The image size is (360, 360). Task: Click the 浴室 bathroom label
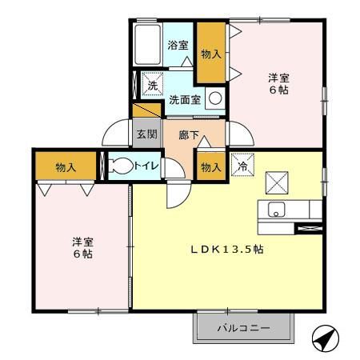click(178, 45)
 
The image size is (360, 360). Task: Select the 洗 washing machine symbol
click(151, 82)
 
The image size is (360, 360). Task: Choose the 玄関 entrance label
click(145, 135)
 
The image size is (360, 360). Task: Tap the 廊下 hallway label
click(190, 135)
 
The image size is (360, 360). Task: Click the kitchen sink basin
click(275, 210)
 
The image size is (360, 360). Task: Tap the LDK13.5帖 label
click(226, 249)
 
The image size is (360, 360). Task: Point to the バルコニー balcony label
click(244, 328)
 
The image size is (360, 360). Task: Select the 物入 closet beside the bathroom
click(210, 53)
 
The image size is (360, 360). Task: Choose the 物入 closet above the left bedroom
click(66, 167)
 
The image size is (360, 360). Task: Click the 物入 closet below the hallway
click(210, 167)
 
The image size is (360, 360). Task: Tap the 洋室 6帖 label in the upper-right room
click(278, 83)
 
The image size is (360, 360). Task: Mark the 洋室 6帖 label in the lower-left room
click(81, 246)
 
